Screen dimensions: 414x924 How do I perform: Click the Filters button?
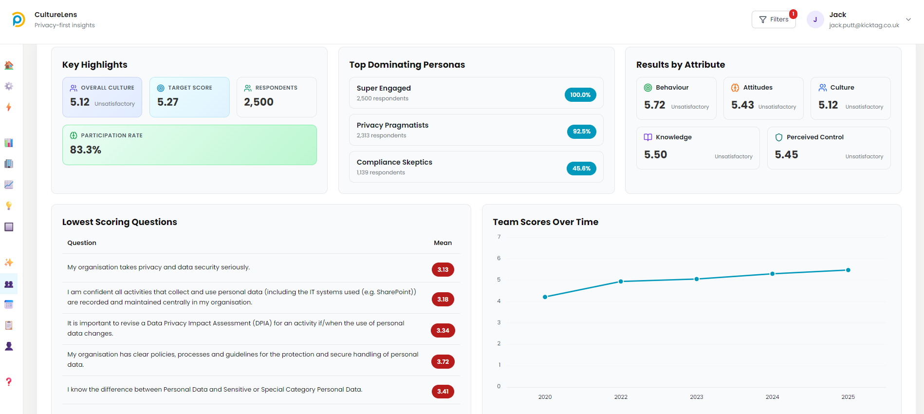click(x=774, y=19)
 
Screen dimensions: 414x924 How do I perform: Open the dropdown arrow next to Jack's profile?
click(x=908, y=19)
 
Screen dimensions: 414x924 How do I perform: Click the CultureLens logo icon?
click(x=18, y=19)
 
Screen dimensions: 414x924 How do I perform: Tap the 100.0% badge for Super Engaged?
click(x=580, y=95)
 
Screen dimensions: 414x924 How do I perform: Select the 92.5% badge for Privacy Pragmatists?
click(x=581, y=132)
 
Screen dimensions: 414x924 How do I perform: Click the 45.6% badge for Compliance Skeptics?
click(x=581, y=169)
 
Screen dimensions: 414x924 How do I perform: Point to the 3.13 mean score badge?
click(x=443, y=270)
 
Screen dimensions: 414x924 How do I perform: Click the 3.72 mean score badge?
click(x=443, y=362)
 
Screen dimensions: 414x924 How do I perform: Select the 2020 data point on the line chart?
click(x=545, y=297)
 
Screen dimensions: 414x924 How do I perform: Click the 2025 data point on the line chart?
click(x=848, y=270)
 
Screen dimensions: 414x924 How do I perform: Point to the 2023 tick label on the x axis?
click(x=696, y=397)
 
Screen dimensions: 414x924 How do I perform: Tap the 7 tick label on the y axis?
click(x=499, y=237)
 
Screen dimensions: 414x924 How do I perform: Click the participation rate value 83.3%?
click(x=86, y=150)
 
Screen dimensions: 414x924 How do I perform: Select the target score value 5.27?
click(x=168, y=102)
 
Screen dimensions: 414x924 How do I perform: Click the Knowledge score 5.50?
click(x=655, y=155)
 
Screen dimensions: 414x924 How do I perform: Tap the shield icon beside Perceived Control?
click(x=779, y=137)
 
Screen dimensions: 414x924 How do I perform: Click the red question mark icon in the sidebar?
click(x=9, y=382)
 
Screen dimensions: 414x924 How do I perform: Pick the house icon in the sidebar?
click(x=9, y=65)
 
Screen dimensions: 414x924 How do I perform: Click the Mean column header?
click(x=443, y=243)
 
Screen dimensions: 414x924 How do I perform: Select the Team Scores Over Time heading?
click(x=545, y=222)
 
